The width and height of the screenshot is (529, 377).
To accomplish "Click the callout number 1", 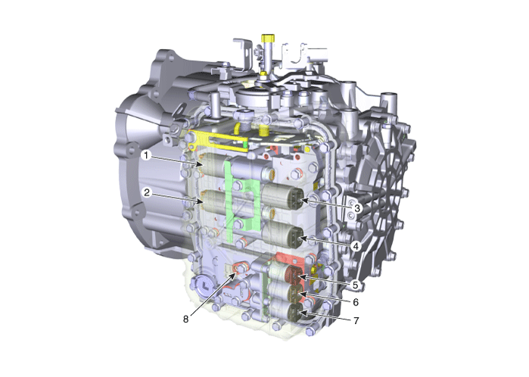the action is tap(146, 156).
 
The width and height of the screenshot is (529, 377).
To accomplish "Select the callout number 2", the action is tap(147, 193).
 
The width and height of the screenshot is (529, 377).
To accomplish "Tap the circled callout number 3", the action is tap(357, 208).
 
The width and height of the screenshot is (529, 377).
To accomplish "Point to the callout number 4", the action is tap(355, 246).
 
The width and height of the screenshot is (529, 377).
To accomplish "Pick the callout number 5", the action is tap(355, 285).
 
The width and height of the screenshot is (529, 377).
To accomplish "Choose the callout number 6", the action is tap(356, 302).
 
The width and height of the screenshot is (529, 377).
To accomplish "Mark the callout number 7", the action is tap(356, 320).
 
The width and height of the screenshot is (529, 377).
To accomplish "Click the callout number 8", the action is tap(185, 319).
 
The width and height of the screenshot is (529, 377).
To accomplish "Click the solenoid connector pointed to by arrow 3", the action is tap(295, 197).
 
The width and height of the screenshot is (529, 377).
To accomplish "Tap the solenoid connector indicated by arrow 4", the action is tap(296, 236).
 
